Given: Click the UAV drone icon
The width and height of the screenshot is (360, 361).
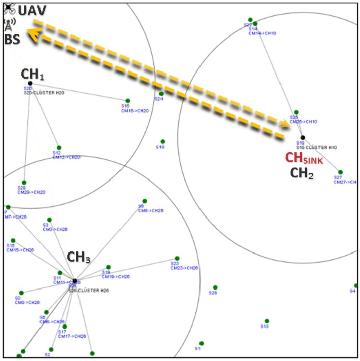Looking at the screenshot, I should pyautogui.click(x=8, y=7).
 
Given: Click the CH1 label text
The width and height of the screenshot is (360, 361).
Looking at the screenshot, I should pyautogui.click(x=32, y=74).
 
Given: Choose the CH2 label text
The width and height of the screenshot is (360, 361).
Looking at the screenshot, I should pyautogui.click(x=303, y=175).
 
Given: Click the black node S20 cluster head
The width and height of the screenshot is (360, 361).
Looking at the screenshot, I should pyautogui.click(x=30, y=83).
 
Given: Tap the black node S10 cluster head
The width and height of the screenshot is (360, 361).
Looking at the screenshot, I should pyautogui.click(x=303, y=137).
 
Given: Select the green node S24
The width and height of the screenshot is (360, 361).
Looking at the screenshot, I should pyautogui.click(x=162, y=94).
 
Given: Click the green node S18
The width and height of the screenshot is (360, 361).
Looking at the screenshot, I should pyautogui.click(x=163, y=141).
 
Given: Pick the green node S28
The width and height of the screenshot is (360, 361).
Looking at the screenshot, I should pyautogui.click(x=215, y=287).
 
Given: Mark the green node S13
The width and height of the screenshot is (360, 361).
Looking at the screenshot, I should pyautogui.click(x=267, y=321).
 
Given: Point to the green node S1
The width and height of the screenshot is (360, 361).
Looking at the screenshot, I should pyautogui.click(x=202, y=343).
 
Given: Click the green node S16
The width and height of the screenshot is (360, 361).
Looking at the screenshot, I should pyautogui.click(x=128, y=101).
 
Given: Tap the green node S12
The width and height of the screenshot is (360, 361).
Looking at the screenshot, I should pyautogui.click(x=59, y=148).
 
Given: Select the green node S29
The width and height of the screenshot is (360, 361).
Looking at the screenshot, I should pyautogui.click(x=24, y=183).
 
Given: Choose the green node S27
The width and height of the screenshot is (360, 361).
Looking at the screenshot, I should pyautogui.click(x=340, y=172).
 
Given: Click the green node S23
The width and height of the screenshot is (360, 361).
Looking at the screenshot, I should pyautogui.click(x=177, y=258).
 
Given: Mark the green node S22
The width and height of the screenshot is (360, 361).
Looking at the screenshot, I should pyautogui.click(x=250, y=20).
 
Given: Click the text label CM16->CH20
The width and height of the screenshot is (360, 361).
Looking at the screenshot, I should pyautogui.click(x=135, y=111).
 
